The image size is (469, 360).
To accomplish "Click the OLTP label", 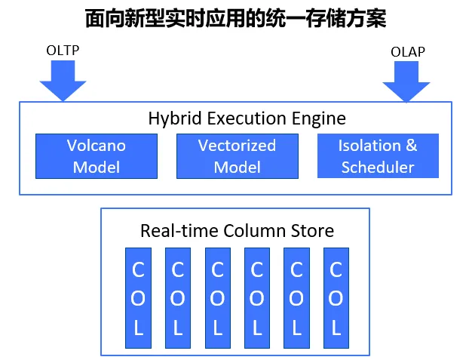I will point(63,51).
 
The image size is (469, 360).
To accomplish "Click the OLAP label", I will point(407,51).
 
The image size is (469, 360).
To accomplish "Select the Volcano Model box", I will point(97,156).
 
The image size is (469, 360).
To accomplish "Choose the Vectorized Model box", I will point(237,156).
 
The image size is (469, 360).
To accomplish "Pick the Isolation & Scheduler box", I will point(378,156).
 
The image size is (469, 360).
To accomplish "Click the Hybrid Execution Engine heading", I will point(247,118).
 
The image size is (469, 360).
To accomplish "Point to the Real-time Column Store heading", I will point(237,230).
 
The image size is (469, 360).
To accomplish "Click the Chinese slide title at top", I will point(234,18).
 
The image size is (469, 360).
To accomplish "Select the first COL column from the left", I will point(138,298).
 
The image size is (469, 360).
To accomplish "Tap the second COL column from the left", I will point(178,298).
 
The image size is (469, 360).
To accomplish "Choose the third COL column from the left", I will point(217,298).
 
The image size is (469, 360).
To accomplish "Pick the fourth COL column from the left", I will point(256,298).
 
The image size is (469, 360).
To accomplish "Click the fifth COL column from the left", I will point(296,298).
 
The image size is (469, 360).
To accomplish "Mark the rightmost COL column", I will point(336,298).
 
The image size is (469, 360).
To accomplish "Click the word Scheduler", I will point(378,167).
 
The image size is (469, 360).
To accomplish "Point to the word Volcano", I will point(97,145).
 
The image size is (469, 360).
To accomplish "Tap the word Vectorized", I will point(237,145).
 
